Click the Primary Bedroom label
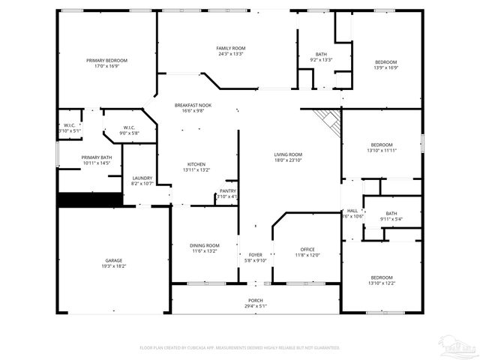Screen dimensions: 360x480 [x=106, y=60]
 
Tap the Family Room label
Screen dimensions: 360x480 [x=230, y=48]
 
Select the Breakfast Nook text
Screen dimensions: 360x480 [x=193, y=105]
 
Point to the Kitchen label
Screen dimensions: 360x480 [x=196, y=164]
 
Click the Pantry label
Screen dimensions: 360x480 [x=228, y=191]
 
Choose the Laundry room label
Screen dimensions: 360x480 [x=142, y=178]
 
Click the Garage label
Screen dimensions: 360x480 [x=114, y=260]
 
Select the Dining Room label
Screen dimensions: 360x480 [x=204, y=245]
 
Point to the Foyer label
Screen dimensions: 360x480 [x=255, y=256]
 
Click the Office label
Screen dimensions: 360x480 [x=307, y=249]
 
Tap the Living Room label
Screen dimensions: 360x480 [x=288, y=154]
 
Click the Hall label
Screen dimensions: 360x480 [x=352, y=211]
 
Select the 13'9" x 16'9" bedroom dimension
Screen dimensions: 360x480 [x=385, y=67]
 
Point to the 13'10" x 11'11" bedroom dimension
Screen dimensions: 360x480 [x=381, y=150]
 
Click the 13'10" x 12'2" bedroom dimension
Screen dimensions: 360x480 [x=381, y=283]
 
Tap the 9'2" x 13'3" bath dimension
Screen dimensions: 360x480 [x=321, y=60]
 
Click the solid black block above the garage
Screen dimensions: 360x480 [x=90, y=199]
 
